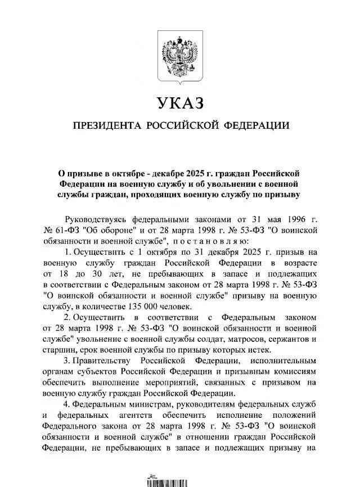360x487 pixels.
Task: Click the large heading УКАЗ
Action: click(180, 103)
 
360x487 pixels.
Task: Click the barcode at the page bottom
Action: click(180, 482)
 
